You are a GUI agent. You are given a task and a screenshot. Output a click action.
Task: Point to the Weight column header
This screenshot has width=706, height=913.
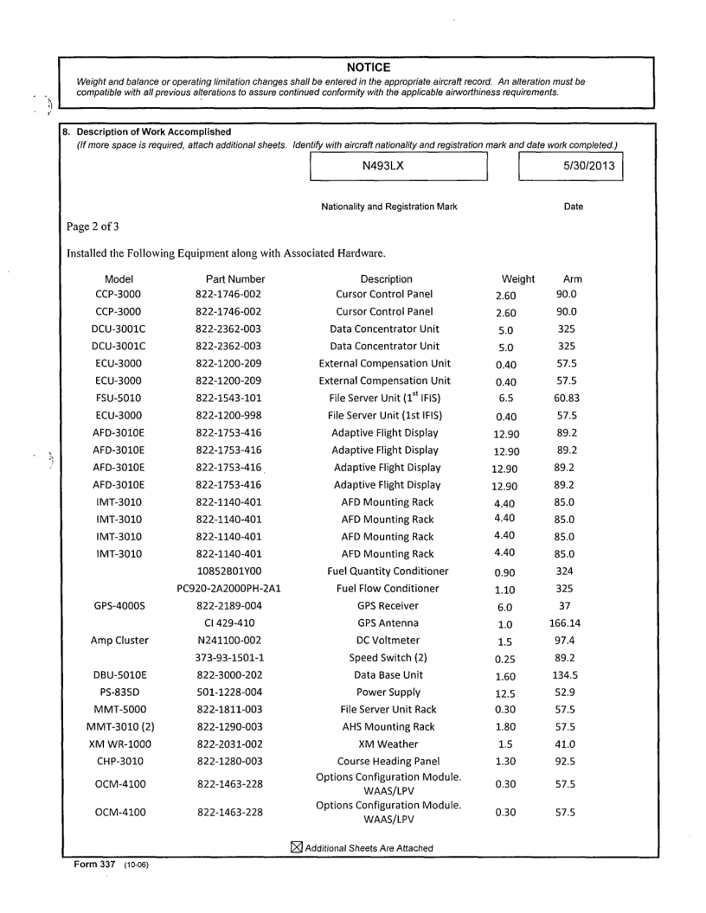tap(518, 279)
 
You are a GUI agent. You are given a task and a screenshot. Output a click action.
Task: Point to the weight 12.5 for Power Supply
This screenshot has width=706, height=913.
tap(508, 693)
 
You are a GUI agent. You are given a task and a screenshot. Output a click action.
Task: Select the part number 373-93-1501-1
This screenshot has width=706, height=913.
tap(230, 657)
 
